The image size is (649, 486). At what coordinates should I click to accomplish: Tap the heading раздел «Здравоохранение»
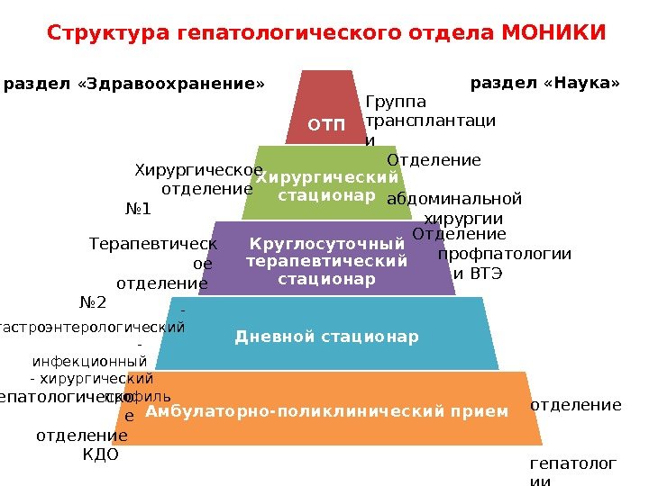click(135, 85)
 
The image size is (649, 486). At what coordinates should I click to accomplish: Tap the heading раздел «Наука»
click(546, 84)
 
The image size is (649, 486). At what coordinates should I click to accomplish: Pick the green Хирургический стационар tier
click(326, 184)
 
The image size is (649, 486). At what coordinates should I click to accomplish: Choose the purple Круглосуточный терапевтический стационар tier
click(326, 259)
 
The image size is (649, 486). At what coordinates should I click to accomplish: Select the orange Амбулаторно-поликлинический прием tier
click(327, 409)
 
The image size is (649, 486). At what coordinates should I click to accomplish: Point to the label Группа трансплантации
click(430, 120)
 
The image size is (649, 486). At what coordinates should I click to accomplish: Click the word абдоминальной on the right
click(453, 199)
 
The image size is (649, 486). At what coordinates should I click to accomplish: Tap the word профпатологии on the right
click(504, 253)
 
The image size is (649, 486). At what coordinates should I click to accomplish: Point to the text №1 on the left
click(137, 210)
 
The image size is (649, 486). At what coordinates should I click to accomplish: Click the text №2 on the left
click(93, 302)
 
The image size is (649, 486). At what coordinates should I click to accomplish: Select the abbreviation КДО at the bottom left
click(100, 454)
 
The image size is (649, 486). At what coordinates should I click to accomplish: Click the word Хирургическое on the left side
click(198, 170)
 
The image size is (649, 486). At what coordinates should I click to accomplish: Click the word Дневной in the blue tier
click(269, 337)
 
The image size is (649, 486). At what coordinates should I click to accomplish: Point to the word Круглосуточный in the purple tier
click(326, 244)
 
